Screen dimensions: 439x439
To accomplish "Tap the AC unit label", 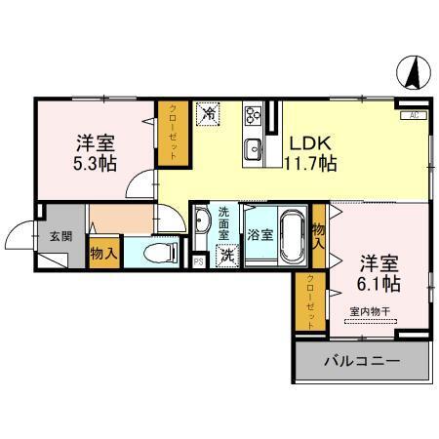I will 414,116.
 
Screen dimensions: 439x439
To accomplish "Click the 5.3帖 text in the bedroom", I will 90,163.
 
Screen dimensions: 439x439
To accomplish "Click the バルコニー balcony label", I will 362,361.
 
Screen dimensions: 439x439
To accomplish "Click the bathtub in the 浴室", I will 290,236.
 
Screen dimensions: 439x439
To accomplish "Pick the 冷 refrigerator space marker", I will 208,113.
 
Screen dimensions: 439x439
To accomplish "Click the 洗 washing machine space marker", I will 226,256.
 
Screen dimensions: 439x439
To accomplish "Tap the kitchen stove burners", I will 253,116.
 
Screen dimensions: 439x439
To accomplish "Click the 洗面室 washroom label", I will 224,223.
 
